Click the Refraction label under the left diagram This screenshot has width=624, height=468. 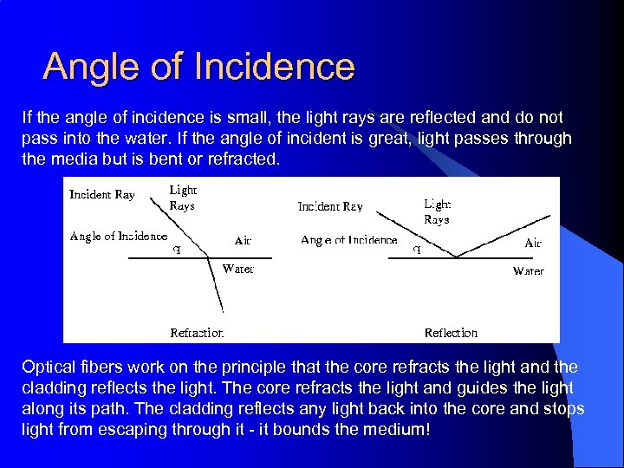tap(197, 333)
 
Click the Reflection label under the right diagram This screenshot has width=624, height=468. tap(451, 333)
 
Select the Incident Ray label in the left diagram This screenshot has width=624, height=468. tap(102, 195)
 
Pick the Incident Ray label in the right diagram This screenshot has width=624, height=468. tap(330, 207)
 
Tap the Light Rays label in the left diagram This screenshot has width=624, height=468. tap(183, 198)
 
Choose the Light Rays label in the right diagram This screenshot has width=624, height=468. tap(437, 211)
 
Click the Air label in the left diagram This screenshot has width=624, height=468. tap(243, 240)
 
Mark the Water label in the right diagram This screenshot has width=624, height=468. tap(528, 271)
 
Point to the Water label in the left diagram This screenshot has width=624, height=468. tap(238, 269)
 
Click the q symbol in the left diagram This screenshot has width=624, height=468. tap(178, 249)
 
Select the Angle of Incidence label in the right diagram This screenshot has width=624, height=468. tap(348, 240)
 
